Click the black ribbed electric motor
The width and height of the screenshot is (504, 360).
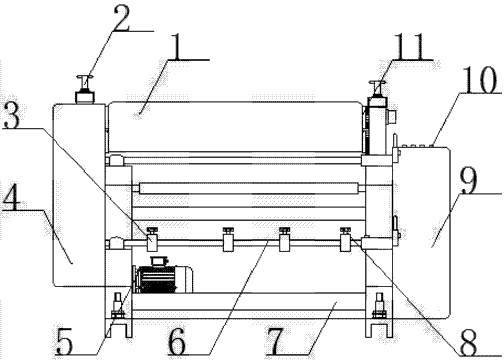(162, 276)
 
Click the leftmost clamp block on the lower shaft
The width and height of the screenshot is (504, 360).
(152, 239)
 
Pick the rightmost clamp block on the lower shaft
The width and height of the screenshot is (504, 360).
(346, 239)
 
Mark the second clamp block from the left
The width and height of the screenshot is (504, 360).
(228, 239)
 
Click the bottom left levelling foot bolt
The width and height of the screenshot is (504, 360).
(118, 306)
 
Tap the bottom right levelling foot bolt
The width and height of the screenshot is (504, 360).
(380, 306)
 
